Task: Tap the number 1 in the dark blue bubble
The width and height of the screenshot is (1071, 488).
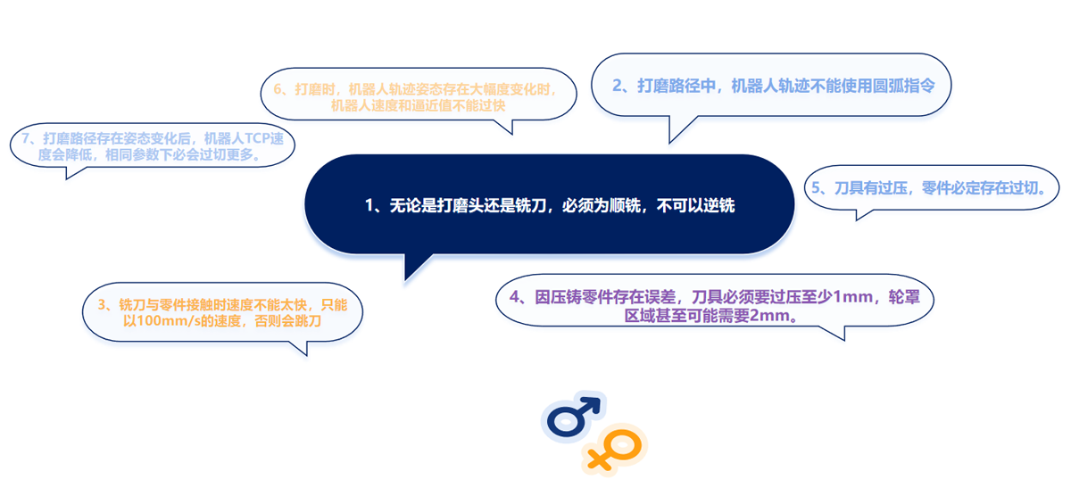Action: pyautogui.click(x=369, y=205)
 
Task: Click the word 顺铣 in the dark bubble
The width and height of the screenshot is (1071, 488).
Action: pyautogui.click(x=625, y=205)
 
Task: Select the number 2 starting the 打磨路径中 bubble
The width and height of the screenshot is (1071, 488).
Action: pyautogui.click(x=618, y=86)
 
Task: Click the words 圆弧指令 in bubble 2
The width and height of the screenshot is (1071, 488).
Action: pyautogui.click(x=904, y=86)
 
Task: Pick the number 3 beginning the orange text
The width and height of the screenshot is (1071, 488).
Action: pyautogui.click(x=102, y=305)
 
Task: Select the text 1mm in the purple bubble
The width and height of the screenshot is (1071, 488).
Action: pyautogui.click(x=853, y=297)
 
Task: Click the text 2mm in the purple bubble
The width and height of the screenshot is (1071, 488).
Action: pyautogui.click(x=769, y=316)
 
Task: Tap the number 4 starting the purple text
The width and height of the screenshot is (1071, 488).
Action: pyautogui.click(x=514, y=297)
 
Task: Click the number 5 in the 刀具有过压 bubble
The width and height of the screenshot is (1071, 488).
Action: pyautogui.click(x=816, y=188)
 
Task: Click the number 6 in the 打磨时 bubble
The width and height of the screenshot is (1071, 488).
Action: pyautogui.click(x=278, y=89)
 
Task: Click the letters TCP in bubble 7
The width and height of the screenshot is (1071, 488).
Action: pyautogui.click(x=257, y=138)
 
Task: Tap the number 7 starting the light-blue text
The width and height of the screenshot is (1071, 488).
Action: pyautogui.click(x=26, y=138)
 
